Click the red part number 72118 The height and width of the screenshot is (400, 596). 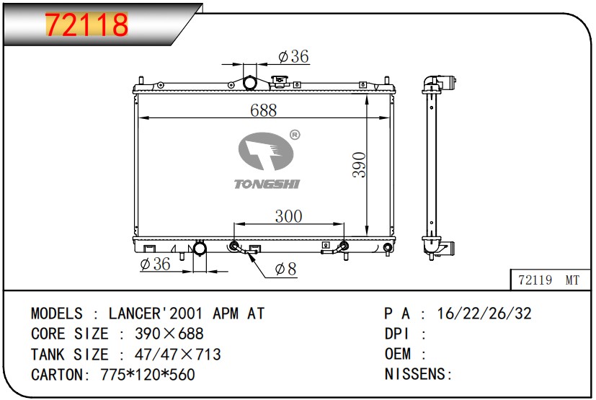(x=86, y=25)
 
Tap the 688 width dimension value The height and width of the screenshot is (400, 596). (x=264, y=110)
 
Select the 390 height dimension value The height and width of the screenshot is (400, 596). (x=359, y=165)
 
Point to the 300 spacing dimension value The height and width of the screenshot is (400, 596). (x=288, y=216)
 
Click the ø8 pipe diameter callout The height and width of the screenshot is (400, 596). (x=285, y=269)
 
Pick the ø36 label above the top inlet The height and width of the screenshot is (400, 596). (x=293, y=56)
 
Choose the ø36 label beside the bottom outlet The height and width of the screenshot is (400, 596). (x=155, y=264)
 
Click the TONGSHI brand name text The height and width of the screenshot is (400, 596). (x=267, y=184)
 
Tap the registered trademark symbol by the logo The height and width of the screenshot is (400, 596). (x=295, y=135)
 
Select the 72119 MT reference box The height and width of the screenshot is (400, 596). (x=550, y=280)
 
